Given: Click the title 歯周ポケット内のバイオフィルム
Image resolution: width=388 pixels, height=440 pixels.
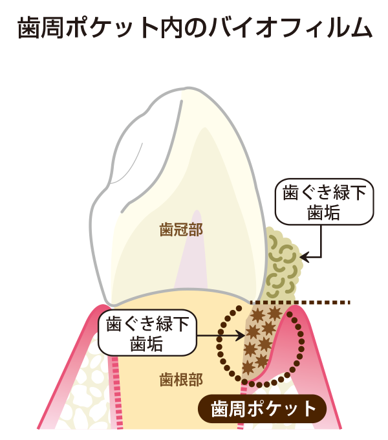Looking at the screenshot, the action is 195,28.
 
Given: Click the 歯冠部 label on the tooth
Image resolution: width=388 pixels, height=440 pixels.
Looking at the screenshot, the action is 181,230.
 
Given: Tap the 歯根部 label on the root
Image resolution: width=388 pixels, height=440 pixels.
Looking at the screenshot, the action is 181,379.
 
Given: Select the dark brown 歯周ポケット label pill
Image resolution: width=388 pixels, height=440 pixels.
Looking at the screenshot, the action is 262,408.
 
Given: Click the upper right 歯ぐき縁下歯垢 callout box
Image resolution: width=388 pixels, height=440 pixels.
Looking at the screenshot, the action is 325,202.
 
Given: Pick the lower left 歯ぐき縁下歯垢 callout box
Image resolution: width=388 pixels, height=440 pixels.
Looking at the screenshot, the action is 147,333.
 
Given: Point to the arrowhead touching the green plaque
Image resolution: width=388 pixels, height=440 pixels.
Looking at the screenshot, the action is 304,256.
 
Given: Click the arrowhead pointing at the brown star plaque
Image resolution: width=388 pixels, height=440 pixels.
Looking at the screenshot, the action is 241,335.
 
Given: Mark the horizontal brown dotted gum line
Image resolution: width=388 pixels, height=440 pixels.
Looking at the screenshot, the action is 300,303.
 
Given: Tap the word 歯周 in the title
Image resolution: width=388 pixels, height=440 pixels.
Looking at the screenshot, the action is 40,28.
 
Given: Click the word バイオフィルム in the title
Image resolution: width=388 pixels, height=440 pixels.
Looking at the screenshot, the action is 290,28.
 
